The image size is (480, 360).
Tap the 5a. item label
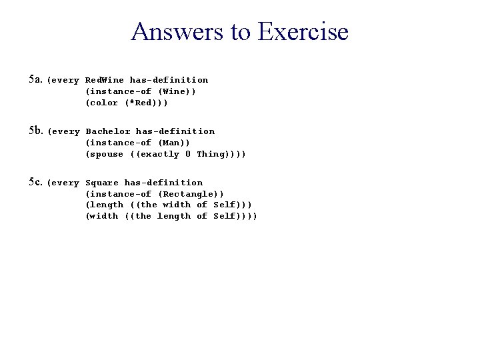coord(35,79)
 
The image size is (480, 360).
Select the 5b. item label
coord(35,131)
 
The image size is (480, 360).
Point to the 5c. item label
coord(35,182)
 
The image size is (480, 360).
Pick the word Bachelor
coord(108,131)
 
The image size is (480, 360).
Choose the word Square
coord(102,183)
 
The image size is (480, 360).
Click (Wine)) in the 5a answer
coord(177,91)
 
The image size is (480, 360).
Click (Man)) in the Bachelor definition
coord(173,143)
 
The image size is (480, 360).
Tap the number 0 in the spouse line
coord(188,154)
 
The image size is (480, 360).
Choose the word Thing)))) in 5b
coord(221,154)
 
